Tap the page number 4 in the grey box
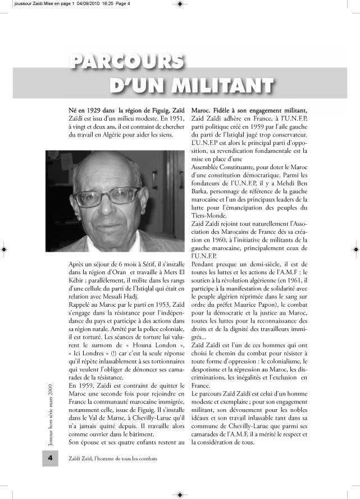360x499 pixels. (50, 474)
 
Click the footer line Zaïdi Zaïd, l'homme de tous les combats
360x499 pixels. (109, 474)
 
